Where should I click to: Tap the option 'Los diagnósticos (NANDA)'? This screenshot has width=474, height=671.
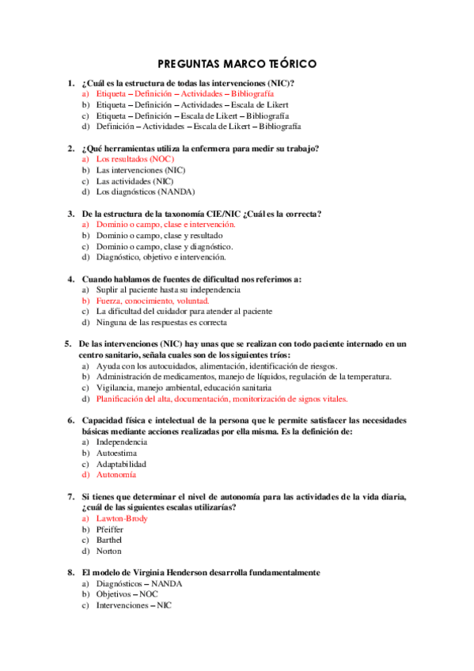145,191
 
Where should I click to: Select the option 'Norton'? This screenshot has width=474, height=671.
110,552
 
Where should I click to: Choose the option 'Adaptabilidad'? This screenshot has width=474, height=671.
122,464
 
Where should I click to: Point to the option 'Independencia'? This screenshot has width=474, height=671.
121,442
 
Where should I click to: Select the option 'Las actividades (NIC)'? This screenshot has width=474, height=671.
135,181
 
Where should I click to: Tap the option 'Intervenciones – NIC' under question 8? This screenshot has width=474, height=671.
133,606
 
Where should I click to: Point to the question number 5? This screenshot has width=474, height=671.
68,344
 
